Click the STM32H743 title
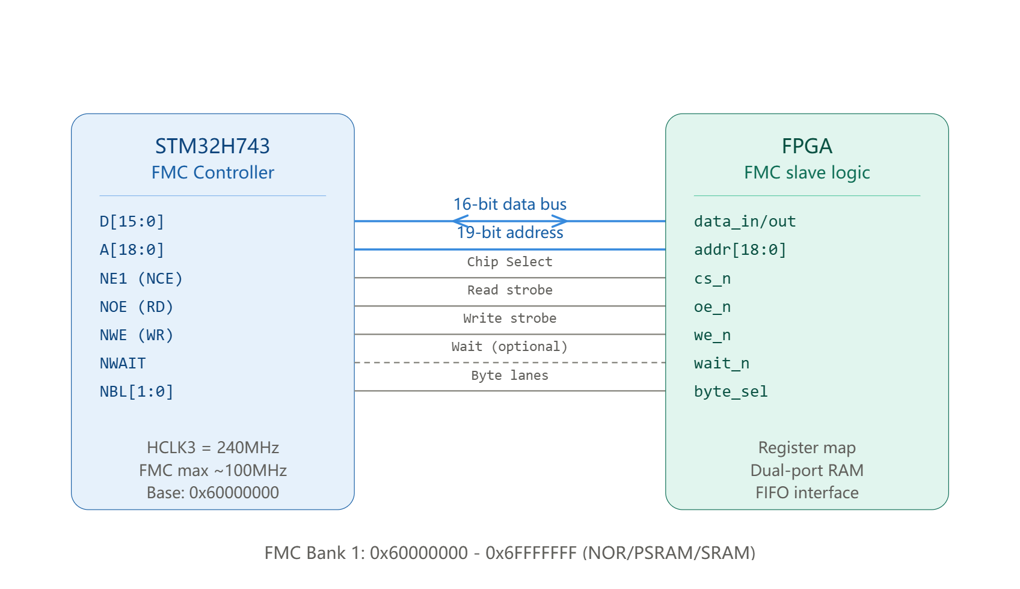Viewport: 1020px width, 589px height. [x=212, y=146]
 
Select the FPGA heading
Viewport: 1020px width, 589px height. [x=807, y=146]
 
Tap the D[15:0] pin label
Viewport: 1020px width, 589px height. [x=132, y=222]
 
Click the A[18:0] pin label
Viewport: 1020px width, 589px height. [x=132, y=250]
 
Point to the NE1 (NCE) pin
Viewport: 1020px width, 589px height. [x=141, y=278]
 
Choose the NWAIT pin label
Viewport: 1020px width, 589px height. [x=123, y=363]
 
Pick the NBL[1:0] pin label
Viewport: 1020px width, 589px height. [x=137, y=391]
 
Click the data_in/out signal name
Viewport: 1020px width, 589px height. [x=745, y=222]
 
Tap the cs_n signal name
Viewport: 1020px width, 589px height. [x=712, y=278]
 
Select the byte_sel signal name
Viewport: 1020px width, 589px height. [x=731, y=391]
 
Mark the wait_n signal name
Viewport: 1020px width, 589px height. [x=722, y=363]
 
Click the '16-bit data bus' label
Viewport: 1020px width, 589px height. [x=510, y=204]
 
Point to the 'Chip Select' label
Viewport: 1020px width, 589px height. [x=510, y=261]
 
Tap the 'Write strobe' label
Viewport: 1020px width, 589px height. [x=510, y=318]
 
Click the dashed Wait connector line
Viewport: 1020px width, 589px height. [x=510, y=362]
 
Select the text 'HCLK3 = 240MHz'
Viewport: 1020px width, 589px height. [x=213, y=447]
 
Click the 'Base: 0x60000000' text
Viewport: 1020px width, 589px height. [x=213, y=492]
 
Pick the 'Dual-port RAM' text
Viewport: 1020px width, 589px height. [x=807, y=470]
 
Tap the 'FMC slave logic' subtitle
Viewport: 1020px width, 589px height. [x=807, y=172]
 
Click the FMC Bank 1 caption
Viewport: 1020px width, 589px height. [x=510, y=553]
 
